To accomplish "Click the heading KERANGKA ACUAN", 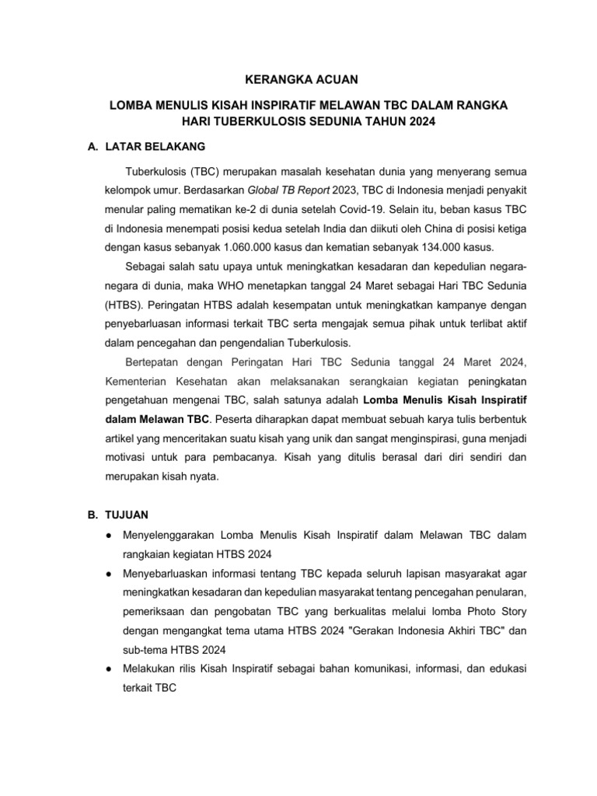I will [x=298, y=79].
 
